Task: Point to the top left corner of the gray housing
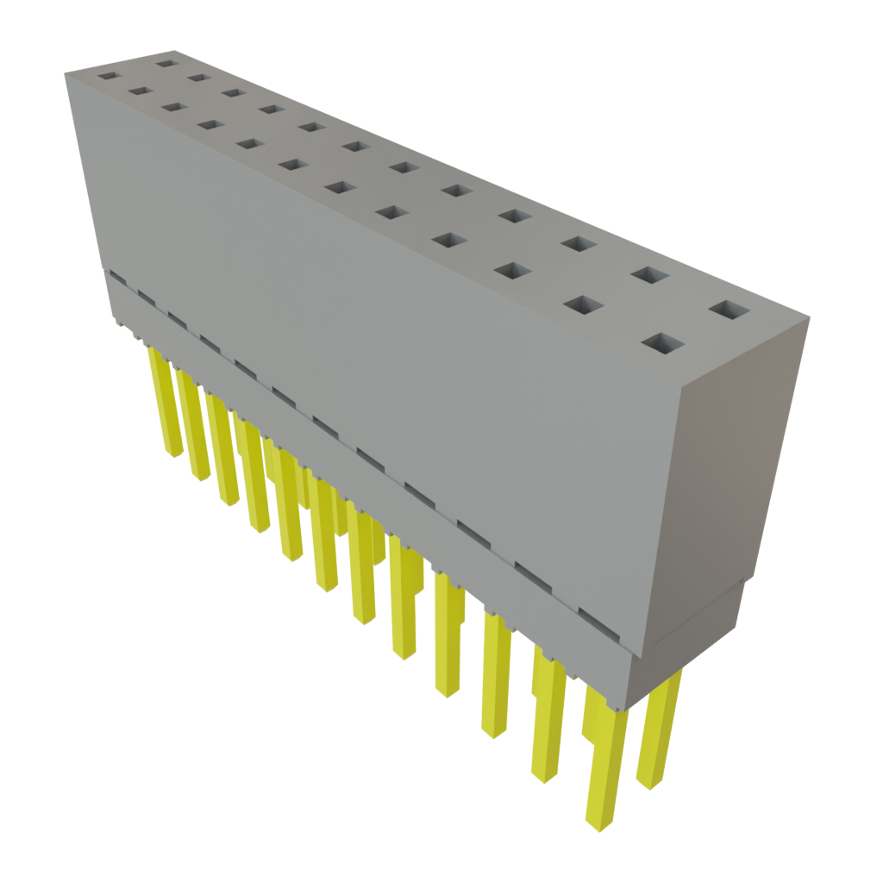pos(66,76)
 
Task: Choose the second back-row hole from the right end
pos(651,275)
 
